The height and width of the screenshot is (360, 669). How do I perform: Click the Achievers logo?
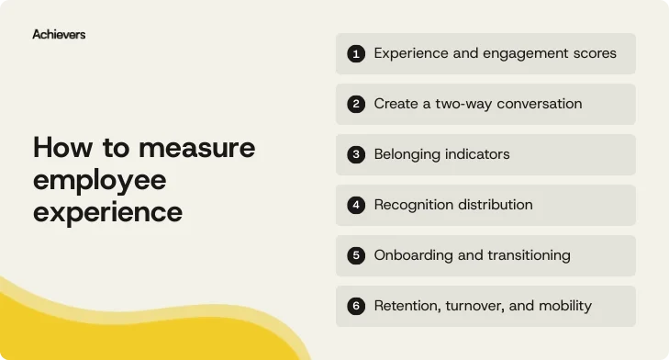click(59, 34)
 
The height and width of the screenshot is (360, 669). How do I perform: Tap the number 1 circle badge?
click(356, 53)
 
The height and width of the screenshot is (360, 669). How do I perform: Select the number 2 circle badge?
click(356, 104)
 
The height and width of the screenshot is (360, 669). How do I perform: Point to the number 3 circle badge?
click(356, 154)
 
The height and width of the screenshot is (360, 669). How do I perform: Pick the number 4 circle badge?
click(356, 205)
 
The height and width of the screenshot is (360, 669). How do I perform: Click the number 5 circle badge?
click(356, 255)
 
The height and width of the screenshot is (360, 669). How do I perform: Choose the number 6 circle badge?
click(356, 306)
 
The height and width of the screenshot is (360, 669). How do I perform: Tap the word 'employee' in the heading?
click(99, 180)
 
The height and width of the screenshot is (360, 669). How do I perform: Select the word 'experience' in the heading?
click(107, 212)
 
